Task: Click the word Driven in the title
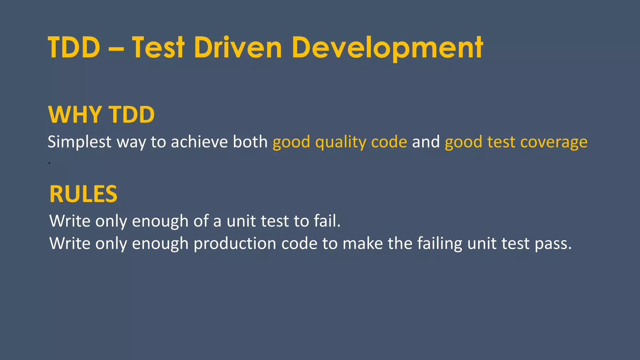(238, 47)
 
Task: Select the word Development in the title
(387, 47)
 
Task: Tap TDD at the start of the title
(74, 47)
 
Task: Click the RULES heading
(83, 194)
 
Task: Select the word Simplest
(79, 142)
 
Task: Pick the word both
(250, 142)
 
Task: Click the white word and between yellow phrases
(426, 142)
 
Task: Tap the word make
(362, 243)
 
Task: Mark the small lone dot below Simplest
(49, 163)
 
